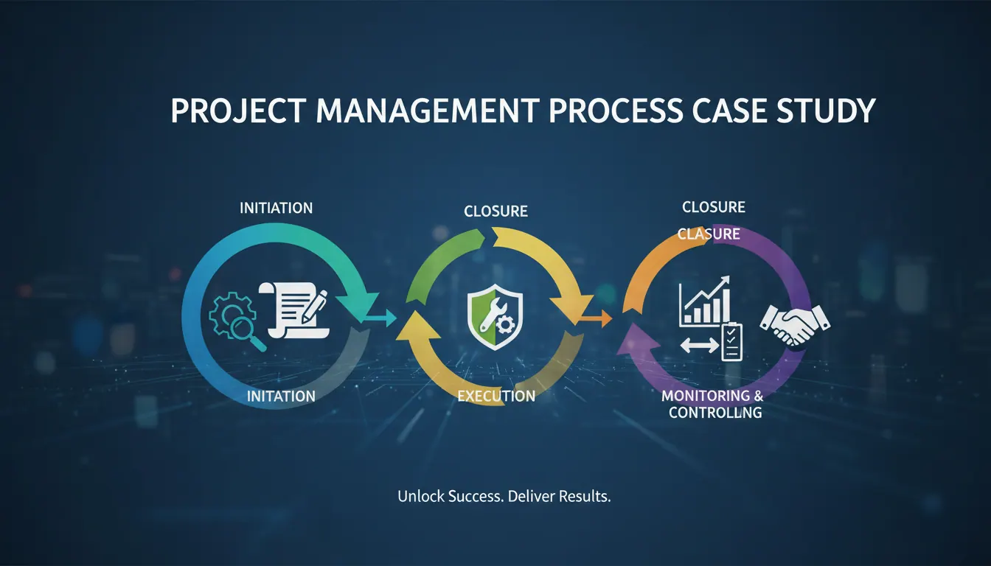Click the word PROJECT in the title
point(238,111)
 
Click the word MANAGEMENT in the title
point(428,111)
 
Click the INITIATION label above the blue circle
point(276,208)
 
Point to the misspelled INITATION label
point(281,396)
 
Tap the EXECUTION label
point(496,396)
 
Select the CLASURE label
point(709,234)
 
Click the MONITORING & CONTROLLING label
point(713,404)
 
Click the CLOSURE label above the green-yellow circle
point(495,212)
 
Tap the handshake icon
point(795,325)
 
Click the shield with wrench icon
point(495,317)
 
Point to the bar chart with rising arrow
point(705,301)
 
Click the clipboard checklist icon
point(731,342)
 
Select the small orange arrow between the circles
point(596,318)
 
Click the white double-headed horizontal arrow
point(700,346)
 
